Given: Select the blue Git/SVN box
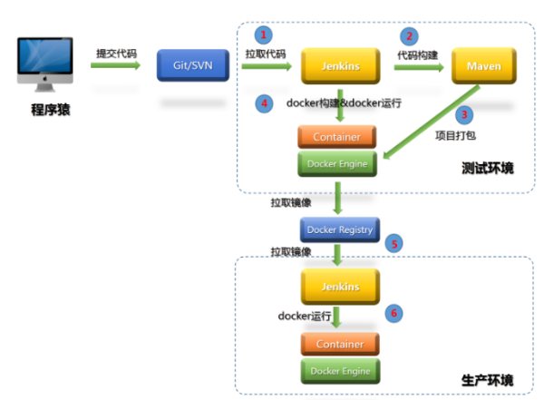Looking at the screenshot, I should click(x=191, y=66).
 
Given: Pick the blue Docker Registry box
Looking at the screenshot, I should click(x=337, y=229).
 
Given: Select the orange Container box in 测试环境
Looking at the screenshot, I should click(x=337, y=137).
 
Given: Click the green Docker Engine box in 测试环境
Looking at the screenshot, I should click(x=337, y=163).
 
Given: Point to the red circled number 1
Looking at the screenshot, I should click(x=264, y=35).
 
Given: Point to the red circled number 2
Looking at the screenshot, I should click(x=410, y=36).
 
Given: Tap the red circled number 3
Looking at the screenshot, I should click(x=464, y=115).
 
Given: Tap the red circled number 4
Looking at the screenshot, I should click(x=264, y=103).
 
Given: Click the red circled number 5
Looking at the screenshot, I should click(x=394, y=244).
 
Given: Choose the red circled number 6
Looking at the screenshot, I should click(x=394, y=312).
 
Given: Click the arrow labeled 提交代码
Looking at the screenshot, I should click(x=115, y=66).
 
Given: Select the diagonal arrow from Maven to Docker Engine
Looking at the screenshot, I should click(x=432, y=122).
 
